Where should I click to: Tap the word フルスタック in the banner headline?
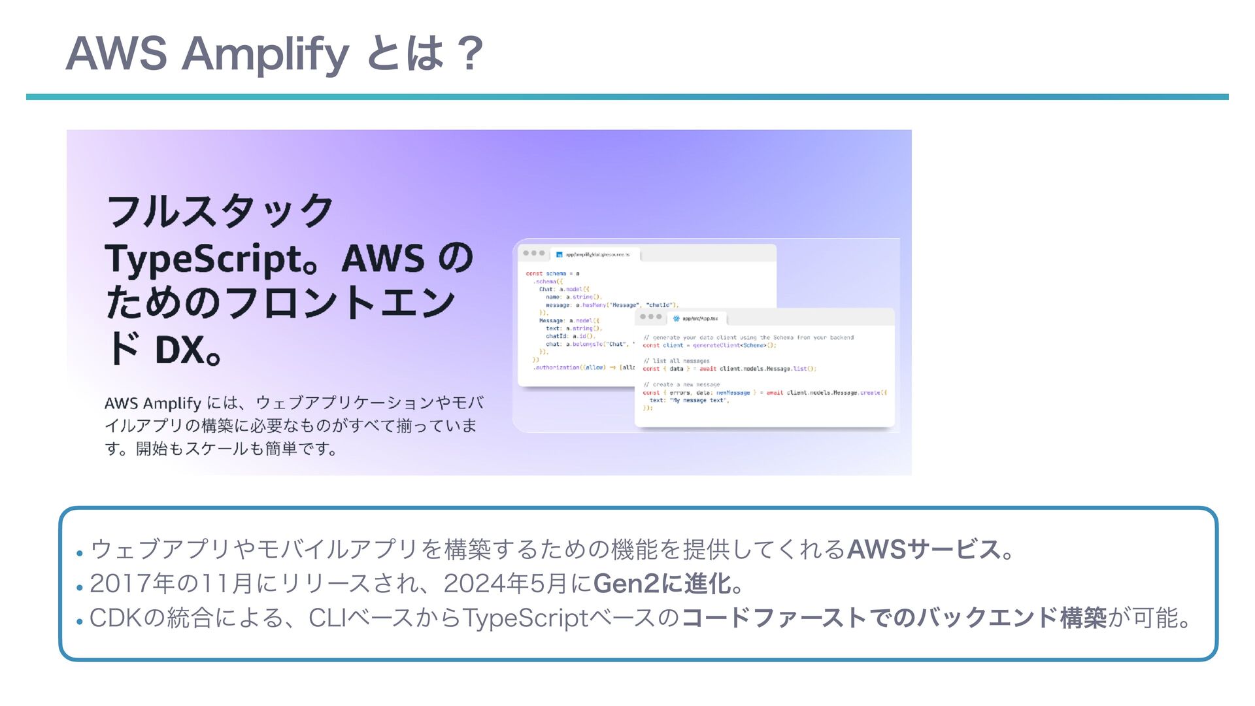tap(220, 211)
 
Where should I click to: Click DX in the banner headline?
tap(180, 350)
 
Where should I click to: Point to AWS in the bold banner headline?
tap(382, 259)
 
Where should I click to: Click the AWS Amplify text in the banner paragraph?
tap(152, 403)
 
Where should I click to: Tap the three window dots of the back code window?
tap(533, 254)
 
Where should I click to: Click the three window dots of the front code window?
tap(650, 317)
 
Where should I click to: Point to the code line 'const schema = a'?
tap(552, 273)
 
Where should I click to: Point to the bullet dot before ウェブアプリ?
tap(79, 553)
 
